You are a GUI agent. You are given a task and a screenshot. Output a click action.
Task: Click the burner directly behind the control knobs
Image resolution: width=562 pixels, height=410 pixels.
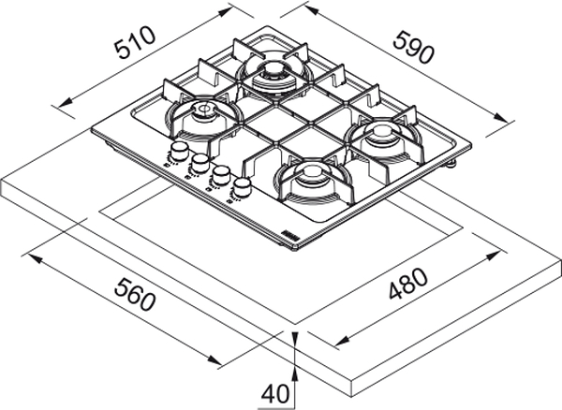click(201, 116)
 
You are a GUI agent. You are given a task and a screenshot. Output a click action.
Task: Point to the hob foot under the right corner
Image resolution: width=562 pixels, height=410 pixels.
click(455, 165)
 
